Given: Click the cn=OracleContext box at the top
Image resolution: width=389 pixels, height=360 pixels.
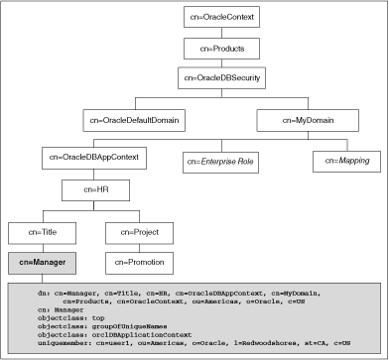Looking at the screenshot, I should point(218,20).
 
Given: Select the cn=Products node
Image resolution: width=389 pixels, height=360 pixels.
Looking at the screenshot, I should point(218,48).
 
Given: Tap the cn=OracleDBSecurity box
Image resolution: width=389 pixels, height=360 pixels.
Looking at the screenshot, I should point(218,76).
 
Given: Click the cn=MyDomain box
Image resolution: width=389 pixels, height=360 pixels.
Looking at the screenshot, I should point(301,119).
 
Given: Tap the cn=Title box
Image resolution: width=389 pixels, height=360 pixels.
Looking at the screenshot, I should point(42,234).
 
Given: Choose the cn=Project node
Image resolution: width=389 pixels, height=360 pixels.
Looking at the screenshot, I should point(140,234).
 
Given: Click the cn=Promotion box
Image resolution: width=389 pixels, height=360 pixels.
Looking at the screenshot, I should point(140,263).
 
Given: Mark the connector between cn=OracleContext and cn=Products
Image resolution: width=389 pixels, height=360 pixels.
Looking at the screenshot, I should point(218,34).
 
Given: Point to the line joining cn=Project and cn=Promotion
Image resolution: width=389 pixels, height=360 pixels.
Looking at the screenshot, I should point(140,249).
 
